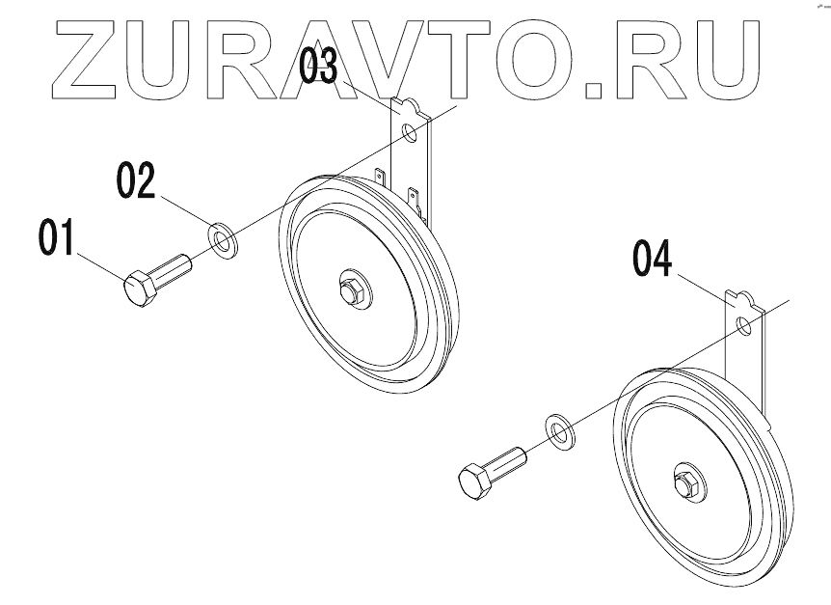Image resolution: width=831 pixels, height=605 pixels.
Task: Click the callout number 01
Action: [x=57, y=237]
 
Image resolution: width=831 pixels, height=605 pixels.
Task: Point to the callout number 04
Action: [x=652, y=260]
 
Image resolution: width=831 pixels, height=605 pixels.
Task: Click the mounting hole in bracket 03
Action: [x=410, y=132]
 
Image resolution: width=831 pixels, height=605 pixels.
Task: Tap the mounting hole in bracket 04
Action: [x=743, y=324]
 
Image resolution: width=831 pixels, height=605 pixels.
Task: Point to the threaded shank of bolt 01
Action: [x=174, y=267]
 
